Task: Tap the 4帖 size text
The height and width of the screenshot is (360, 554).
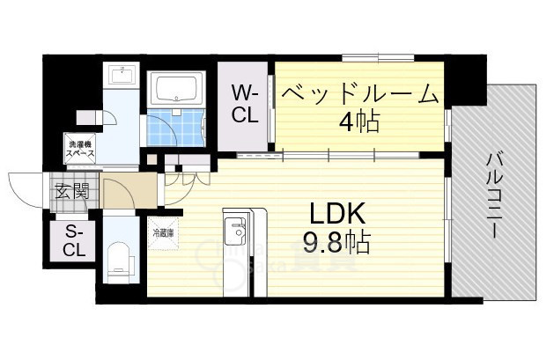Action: [x=360, y=120]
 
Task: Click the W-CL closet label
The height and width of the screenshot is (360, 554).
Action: [x=245, y=104]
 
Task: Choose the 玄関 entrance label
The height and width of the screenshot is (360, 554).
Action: [x=71, y=190]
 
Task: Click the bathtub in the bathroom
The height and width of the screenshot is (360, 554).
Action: [x=178, y=89]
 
